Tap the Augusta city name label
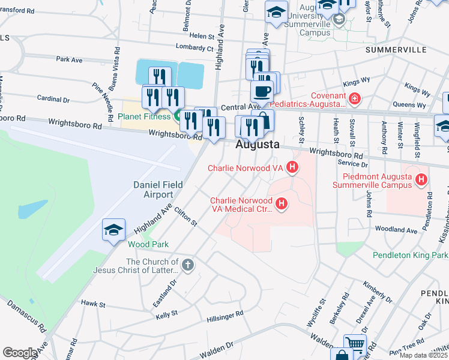[x=258, y=145]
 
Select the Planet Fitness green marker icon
[x=178, y=116]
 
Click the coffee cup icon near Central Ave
[x=261, y=92]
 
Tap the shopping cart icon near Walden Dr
[x=355, y=344]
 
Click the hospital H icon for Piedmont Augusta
[x=421, y=179]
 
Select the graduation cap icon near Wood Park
[x=113, y=229]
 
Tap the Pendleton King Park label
[x=410, y=255]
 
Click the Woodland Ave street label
[x=395, y=230]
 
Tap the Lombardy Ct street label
[x=194, y=47]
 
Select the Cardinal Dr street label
[x=53, y=98]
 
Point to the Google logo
[x=20, y=352]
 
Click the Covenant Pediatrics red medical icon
[x=355, y=97]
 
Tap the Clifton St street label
[x=185, y=217]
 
